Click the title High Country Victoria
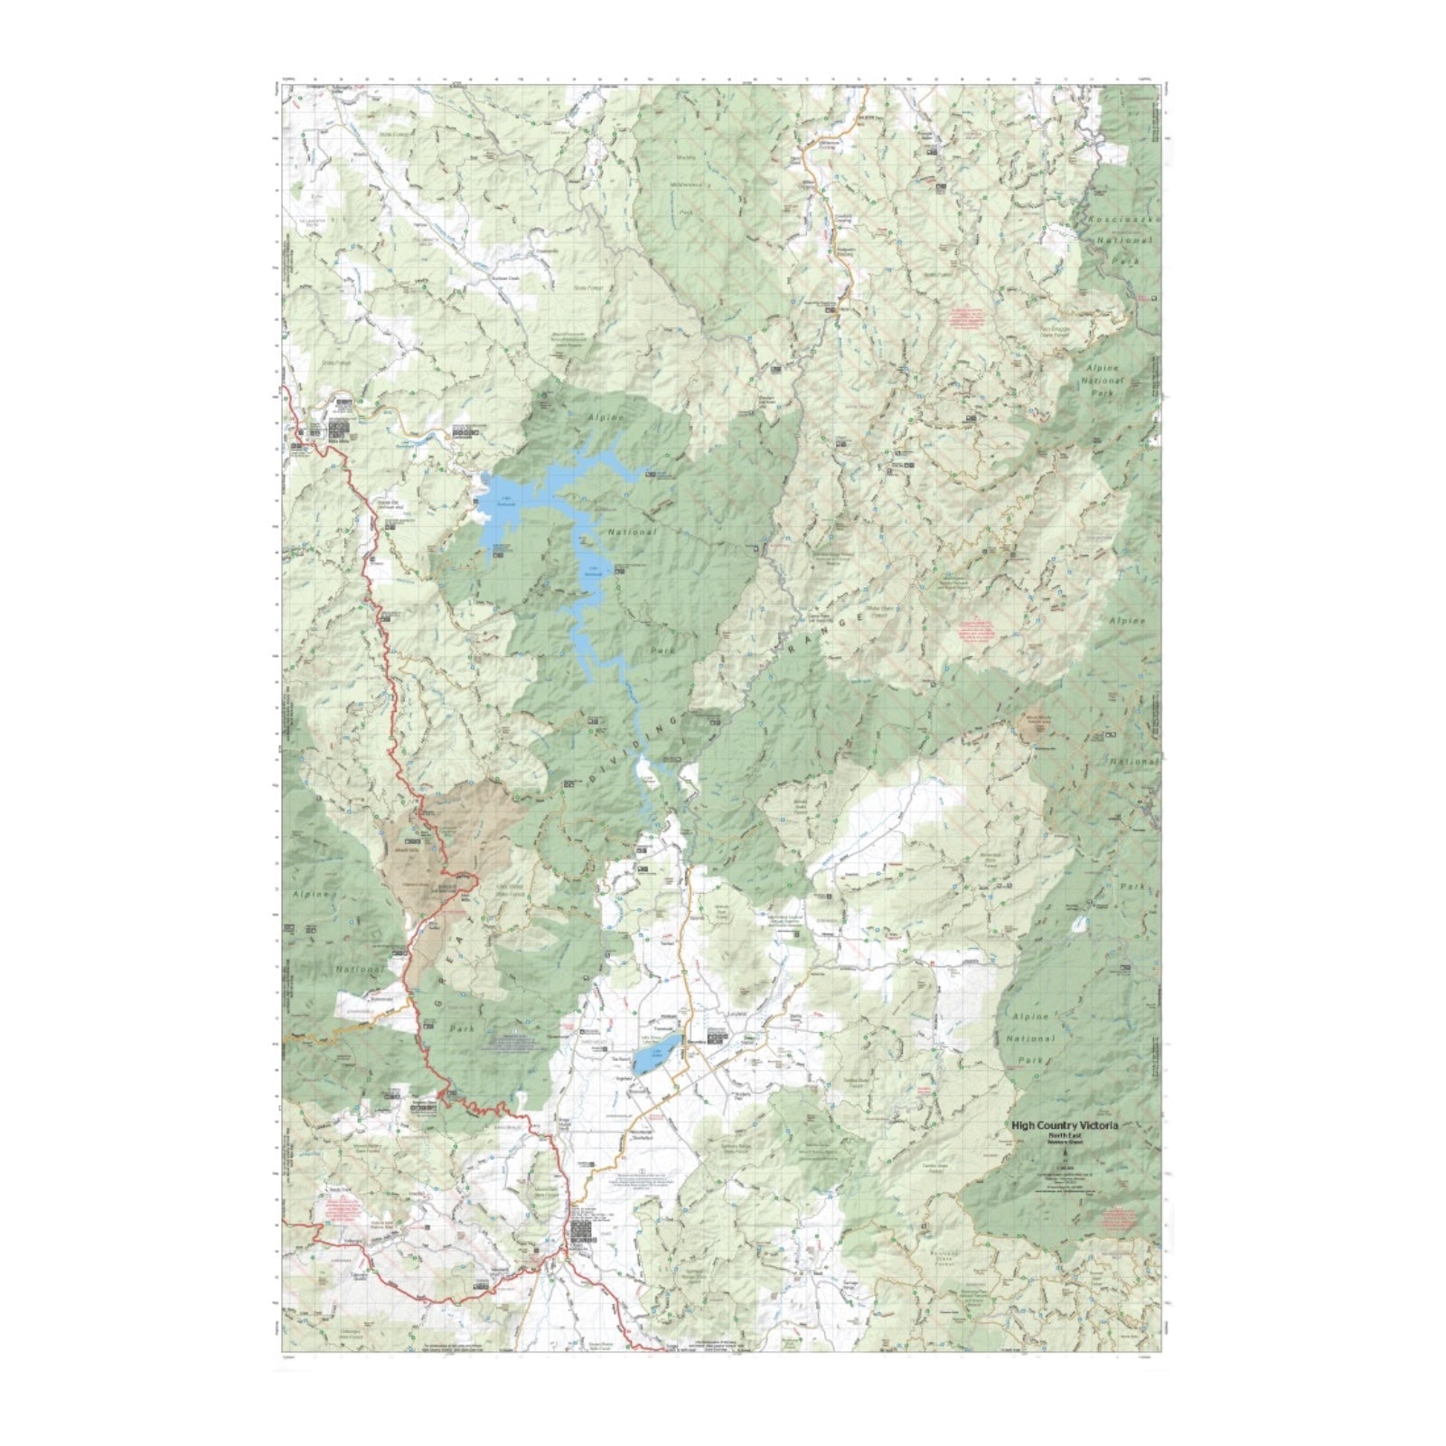pyautogui.click(x=1064, y=1125)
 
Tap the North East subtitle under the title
pyautogui.click(x=1064, y=1134)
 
